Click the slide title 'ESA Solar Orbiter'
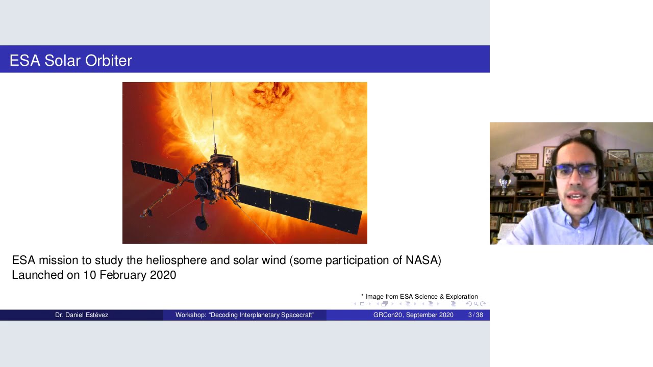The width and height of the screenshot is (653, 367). coord(71,61)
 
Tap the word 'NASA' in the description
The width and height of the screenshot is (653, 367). coord(421,260)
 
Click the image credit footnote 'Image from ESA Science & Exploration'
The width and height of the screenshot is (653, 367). coord(421,297)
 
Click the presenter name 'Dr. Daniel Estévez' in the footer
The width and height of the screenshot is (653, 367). coord(82,315)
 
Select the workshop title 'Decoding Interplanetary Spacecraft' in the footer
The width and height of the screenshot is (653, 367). coord(245,315)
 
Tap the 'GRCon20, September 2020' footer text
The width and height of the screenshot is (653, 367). coord(413,315)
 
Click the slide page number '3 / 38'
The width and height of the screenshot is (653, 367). coord(475,315)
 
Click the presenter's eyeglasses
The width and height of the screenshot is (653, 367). coord(575,170)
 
